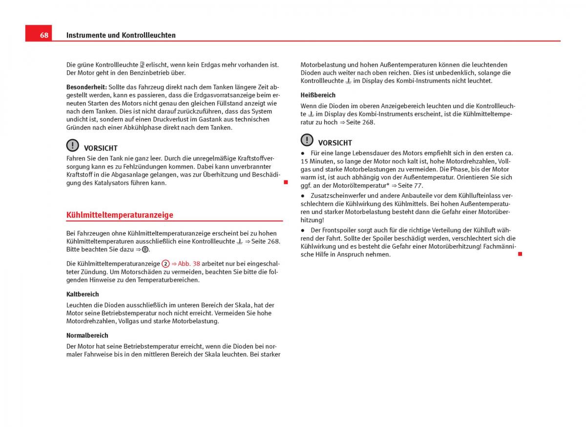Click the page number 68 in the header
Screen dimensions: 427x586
click(x=44, y=35)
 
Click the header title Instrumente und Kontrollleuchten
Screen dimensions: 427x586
click(x=121, y=35)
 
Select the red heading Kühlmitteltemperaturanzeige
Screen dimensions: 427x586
click(x=120, y=215)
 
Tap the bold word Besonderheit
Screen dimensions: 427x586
click(x=86, y=87)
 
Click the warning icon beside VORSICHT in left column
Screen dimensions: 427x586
click(x=72, y=145)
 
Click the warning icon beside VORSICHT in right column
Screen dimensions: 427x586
click(x=307, y=140)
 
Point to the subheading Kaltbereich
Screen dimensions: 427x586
click(x=83, y=294)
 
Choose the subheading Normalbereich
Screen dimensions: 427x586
click(x=87, y=335)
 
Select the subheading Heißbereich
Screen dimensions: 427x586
click(x=318, y=95)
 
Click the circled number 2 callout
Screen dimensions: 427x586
click(x=166, y=263)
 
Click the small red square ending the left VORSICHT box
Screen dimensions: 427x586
click(x=286, y=182)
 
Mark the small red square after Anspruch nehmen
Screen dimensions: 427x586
click(x=520, y=254)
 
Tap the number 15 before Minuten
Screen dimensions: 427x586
click(x=304, y=161)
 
